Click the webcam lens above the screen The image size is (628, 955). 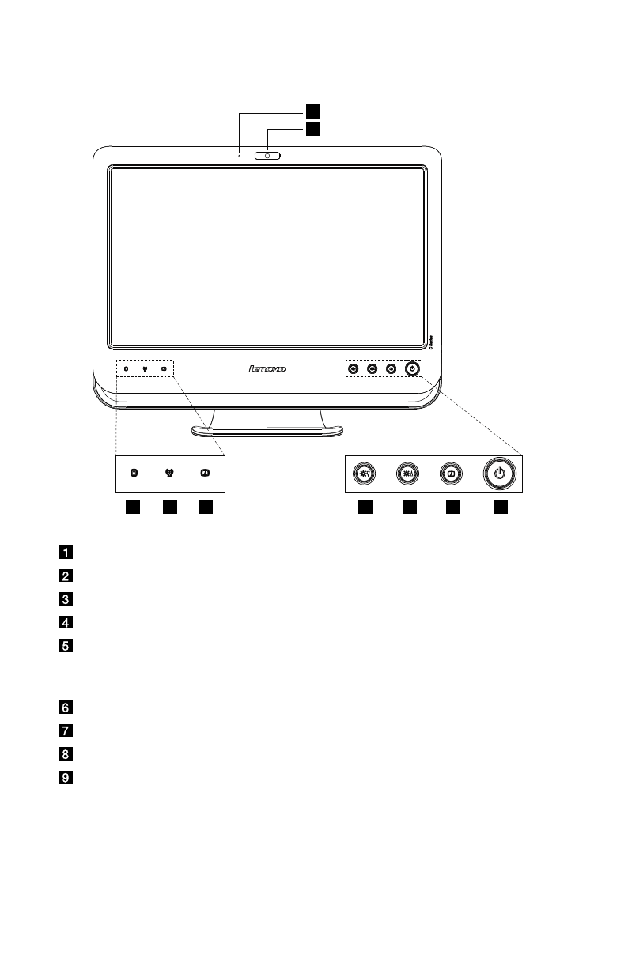[268, 156]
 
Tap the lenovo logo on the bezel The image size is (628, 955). [267, 368]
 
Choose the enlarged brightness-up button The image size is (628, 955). [408, 474]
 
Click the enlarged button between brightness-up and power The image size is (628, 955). [451, 474]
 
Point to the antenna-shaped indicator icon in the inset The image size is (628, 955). [169, 474]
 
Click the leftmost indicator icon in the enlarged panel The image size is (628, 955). [134, 474]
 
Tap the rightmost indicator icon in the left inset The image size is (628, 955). [205, 474]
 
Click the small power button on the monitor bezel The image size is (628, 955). [411, 368]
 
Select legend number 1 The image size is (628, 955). [67, 551]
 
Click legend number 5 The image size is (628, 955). [67, 645]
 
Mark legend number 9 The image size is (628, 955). [67, 778]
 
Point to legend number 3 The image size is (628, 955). [67, 598]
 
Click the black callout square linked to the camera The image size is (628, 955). [314, 128]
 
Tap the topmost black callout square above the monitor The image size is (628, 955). [314, 109]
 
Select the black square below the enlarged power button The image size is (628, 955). [500, 507]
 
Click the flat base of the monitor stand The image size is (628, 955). [267, 431]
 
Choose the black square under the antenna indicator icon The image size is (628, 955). [169, 507]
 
